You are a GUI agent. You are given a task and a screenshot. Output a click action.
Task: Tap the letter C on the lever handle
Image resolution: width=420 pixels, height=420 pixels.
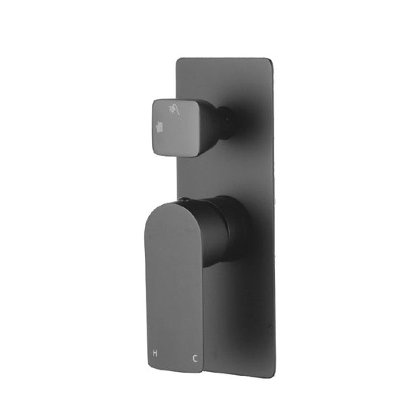(x=194, y=336)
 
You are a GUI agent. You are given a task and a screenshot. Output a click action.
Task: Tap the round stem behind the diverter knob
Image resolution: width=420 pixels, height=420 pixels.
(x=225, y=121)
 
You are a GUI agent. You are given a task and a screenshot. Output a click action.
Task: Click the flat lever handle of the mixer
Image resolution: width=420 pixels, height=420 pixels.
(x=173, y=268)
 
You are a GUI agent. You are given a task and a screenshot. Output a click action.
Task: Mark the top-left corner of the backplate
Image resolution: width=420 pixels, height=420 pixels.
(x=178, y=59)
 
